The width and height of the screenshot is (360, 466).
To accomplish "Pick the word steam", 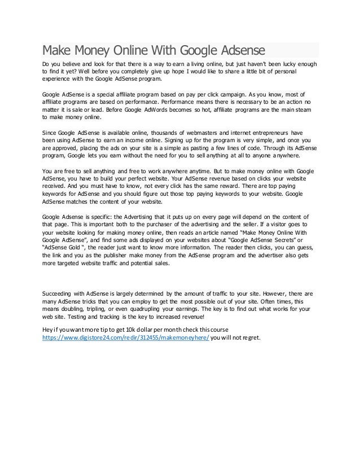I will pos(304,110).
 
